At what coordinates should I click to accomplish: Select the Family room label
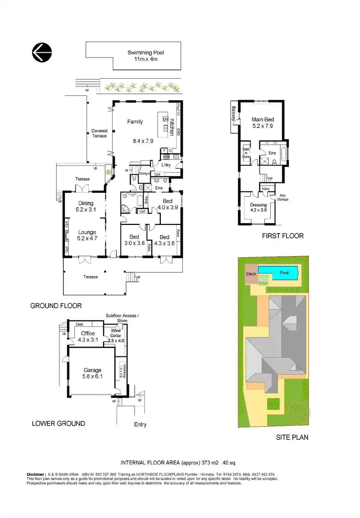pos(135,122)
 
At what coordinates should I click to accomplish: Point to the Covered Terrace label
pos(99,133)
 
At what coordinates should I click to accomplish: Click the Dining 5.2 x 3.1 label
pos(86,206)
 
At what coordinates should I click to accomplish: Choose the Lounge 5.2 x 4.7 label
pos(87,235)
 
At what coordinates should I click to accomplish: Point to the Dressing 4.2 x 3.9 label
pos(258,207)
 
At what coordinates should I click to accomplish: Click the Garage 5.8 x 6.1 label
pos(93,373)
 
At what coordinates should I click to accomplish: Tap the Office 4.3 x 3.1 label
pos(88,337)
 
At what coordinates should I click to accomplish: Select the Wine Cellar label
pos(116,334)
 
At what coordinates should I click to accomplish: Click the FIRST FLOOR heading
pos(282,236)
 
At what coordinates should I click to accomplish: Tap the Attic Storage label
pos(283,197)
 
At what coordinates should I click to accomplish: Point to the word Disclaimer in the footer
pos(36,474)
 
